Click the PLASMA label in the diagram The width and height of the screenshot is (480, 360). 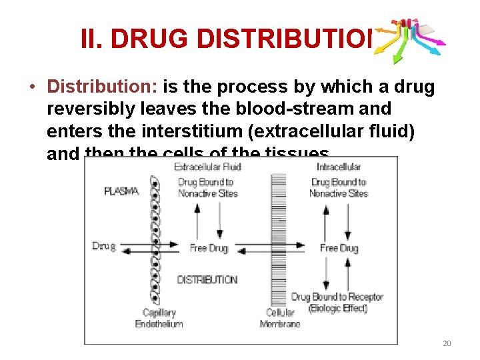pyautogui.click(x=121, y=191)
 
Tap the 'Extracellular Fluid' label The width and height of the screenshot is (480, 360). pyautogui.click(x=207, y=167)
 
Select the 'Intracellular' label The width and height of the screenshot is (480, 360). pyautogui.click(x=339, y=167)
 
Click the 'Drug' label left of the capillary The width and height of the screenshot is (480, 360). pyautogui.click(x=103, y=247)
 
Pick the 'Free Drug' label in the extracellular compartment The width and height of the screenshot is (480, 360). pyautogui.click(x=208, y=248)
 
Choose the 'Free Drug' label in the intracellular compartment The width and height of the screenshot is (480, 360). pyautogui.click(x=339, y=248)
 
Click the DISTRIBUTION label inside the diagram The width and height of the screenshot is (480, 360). pyautogui.click(x=207, y=279)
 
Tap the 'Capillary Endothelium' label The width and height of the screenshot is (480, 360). pyautogui.click(x=159, y=319)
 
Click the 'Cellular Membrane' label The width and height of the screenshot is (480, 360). pyautogui.click(x=280, y=319)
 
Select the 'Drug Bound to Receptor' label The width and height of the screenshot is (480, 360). pyautogui.click(x=329, y=297)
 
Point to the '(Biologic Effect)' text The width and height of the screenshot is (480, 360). pyautogui.click(x=338, y=308)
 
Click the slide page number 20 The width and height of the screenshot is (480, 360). pyautogui.click(x=447, y=343)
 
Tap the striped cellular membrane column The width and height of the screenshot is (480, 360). pyautogui.click(x=279, y=240)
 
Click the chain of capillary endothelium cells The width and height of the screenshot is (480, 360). pyautogui.click(x=156, y=240)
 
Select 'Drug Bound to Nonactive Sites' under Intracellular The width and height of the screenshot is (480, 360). pyautogui.click(x=339, y=188)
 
